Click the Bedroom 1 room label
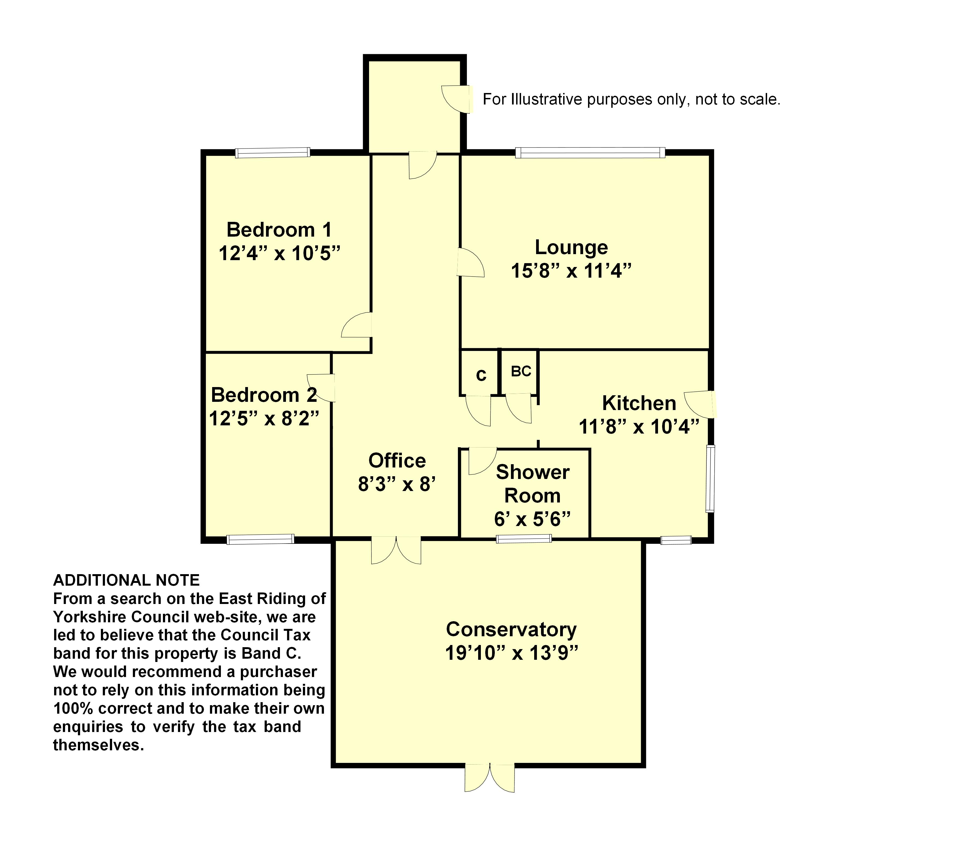pyautogui.click(x=279, y=230)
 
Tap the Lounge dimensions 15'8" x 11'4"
pyautogui.click(x=571, y=271)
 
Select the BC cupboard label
pyautogui.click(x=521, y=371)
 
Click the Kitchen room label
pyautogui.click(x=639, y=403)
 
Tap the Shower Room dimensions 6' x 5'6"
pyautogui.click(x=532, y=519)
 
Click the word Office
pyautogui.click(x=397, y=461)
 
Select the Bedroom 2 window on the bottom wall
pyautogui.click(x=260, y=539)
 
